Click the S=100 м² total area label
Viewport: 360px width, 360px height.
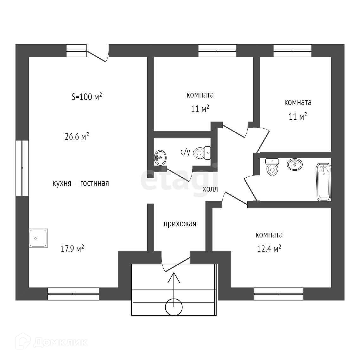coord(86,97)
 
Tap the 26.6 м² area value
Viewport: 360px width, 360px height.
coord(76,137)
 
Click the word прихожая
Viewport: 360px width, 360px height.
coord(180,224)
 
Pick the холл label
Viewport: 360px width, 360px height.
coord(210,189)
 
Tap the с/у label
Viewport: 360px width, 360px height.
coord(185,152)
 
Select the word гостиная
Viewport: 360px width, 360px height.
coord(94,183)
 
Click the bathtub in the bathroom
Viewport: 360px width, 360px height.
coord(324,182)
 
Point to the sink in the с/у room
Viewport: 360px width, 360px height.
coord(160,157)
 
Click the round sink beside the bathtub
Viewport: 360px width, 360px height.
coord(294,164)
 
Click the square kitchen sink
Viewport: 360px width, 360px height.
coord(38,238)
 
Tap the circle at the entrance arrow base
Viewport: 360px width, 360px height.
coord(174,307)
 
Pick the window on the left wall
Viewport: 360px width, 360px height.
coord(22,168)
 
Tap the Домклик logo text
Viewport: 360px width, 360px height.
coord(60,342)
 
